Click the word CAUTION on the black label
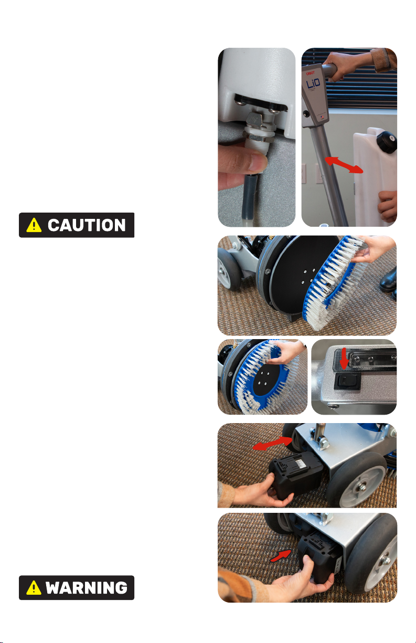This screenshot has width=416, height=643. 87,225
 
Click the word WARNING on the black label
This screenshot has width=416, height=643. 87,587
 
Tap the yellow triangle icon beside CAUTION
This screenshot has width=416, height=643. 34,225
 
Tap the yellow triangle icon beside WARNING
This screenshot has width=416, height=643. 34,587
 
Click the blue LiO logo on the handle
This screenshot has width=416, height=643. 313,84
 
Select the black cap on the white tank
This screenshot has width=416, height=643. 387,141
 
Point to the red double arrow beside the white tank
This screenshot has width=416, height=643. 344,165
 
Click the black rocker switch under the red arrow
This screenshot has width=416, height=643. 347,381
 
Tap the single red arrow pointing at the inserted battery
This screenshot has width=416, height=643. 281,556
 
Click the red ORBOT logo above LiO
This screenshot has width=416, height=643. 310,73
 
